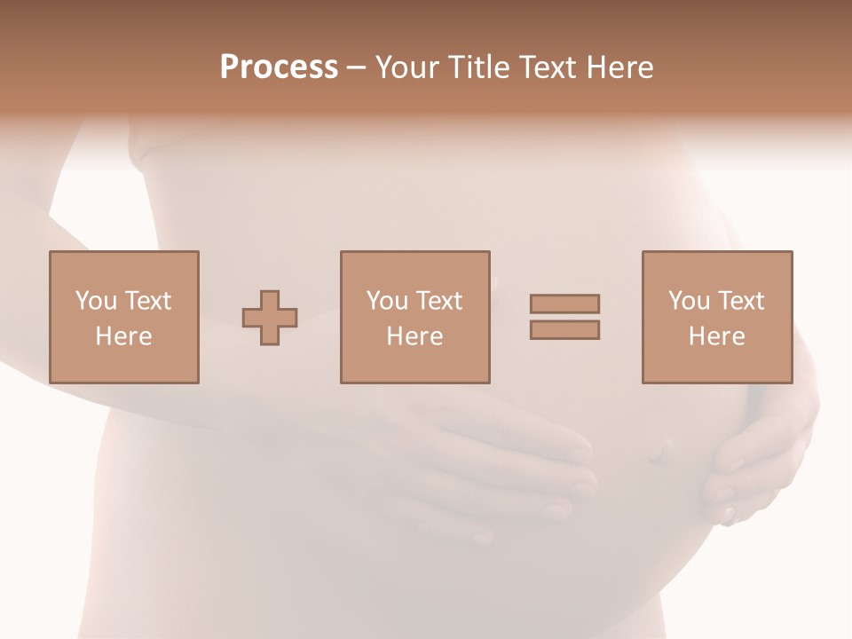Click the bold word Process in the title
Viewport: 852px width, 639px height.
click(x=279, y=67)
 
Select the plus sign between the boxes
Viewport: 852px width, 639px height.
click(x=270, y=317)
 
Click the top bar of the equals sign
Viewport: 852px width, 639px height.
click(x=564, y=304)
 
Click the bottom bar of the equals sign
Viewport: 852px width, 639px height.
click(x=564, y=330)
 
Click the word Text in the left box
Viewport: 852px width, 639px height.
click(x=147, y=301)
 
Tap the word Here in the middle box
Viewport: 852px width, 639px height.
click(x=414, y=336)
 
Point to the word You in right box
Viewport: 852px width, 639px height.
click(x=689, y=301)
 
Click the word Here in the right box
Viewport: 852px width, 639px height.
click(x=716, y=336)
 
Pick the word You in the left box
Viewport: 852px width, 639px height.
click(x=95, y=301)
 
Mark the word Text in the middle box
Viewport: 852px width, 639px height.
click(x=438, y=301)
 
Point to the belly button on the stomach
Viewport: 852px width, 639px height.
click(x=656, y=453)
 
